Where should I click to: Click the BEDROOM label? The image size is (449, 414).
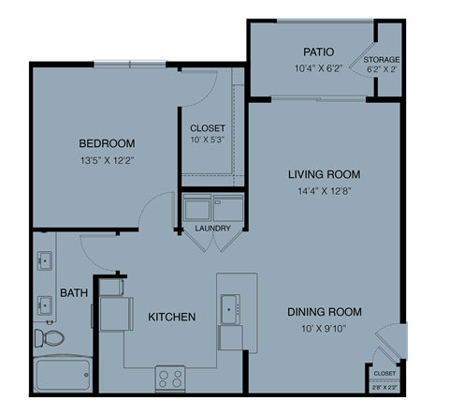coord(107,143)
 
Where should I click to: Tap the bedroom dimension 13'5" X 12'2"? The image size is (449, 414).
coord(107,160)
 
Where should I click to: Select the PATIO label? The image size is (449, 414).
coord(319,52)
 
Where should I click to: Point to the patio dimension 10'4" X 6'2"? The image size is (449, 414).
coord(319,68)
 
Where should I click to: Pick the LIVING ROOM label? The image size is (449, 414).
coord(324,174)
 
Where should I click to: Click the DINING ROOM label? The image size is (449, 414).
coord(324,311)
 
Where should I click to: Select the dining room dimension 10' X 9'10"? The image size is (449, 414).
coord(324,329)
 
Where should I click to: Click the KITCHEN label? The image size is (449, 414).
coord(172,317)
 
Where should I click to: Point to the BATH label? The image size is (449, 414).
coord(74,293)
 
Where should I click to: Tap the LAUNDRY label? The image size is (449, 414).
coord(212,229)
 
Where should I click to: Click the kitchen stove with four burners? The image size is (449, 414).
coord(170,378)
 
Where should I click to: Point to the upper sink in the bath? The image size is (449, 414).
coord(44,262)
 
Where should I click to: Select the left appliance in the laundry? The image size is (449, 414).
coord(198,206)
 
